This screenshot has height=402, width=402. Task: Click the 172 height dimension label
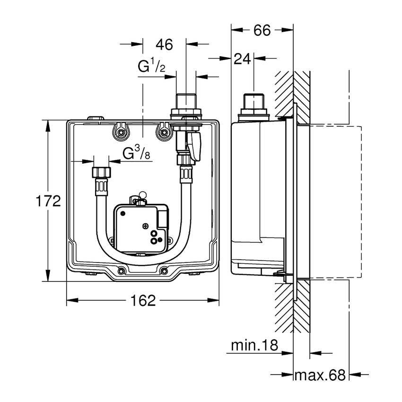pyautogui.click(x=49, y=201)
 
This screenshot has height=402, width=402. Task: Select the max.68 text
pyautogui.click(x=320, y=376)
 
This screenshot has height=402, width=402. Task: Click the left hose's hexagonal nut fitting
pyautogui.click(x=101, y=172)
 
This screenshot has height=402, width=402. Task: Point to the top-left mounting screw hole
pyautogui.click(x=122, y=132)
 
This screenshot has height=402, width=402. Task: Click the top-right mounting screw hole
pyautogui.click(x=164, y=132)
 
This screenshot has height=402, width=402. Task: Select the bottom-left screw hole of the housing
pyautogui.click(x=122, y=271)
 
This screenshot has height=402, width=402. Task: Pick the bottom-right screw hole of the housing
pyautogui.click(x=164, y=271)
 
